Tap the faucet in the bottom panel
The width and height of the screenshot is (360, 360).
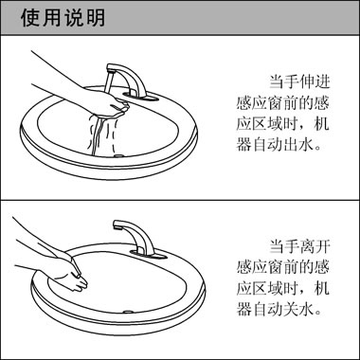point(134,237)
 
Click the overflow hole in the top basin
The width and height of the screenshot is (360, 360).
point(119,153)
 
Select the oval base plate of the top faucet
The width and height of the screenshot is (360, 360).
point(138,98)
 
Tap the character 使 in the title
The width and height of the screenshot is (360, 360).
point(28,19)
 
